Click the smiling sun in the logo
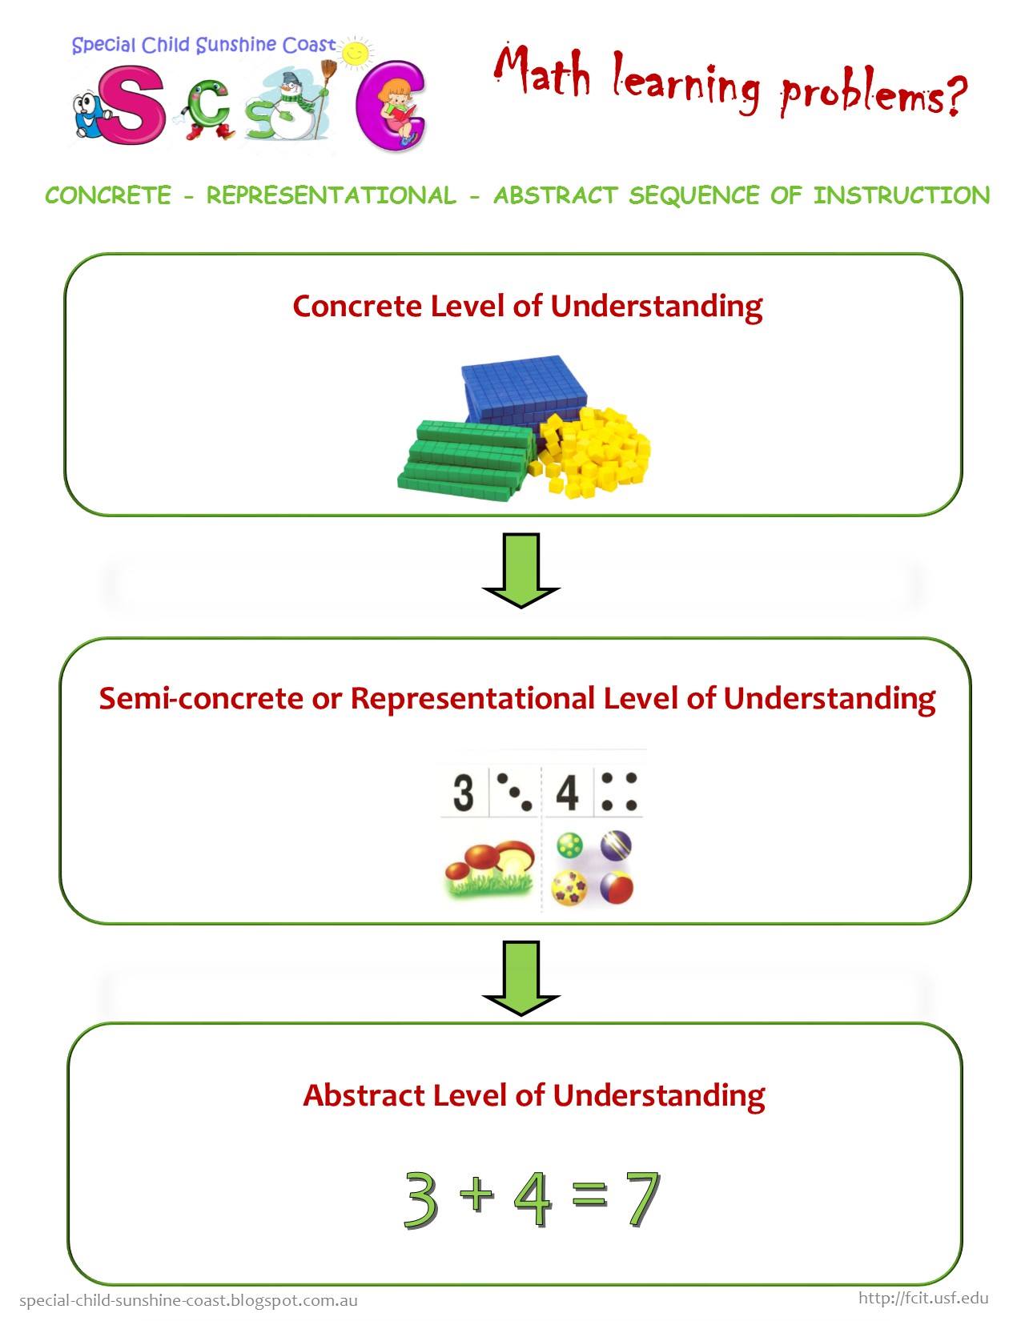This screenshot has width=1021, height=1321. point(356,52)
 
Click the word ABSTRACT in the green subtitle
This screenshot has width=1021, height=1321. point(556,196)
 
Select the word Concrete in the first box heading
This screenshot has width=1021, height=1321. point(357,306)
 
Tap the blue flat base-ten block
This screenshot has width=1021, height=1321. point(525,389)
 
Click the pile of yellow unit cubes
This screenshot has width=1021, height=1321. point(590,452)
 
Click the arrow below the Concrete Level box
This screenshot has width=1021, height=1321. point(521,570)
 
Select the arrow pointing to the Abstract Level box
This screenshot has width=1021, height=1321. point(521,978)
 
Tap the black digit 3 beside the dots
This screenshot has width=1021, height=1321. point(464,792)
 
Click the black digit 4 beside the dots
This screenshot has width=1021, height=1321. point(568,792)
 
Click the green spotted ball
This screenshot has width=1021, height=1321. point(569,845)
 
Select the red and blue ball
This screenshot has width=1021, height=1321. point(617,888)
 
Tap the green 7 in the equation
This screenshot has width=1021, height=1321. point(641,1199)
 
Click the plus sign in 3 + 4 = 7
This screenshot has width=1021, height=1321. point(476,1194)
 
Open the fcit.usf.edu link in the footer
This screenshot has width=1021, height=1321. point(923,1298)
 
